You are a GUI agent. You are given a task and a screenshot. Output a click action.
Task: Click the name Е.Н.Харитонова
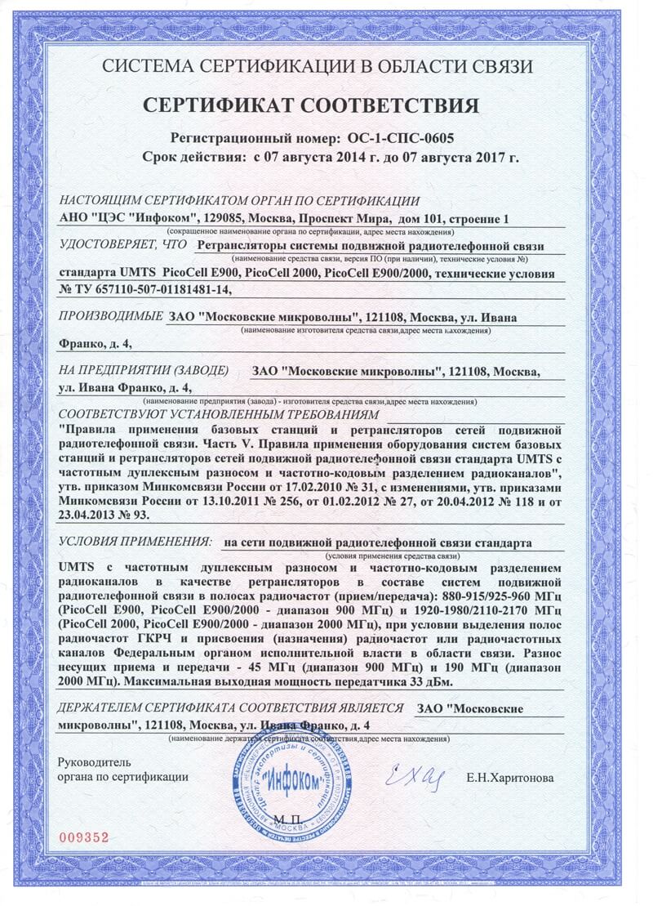[510, 778]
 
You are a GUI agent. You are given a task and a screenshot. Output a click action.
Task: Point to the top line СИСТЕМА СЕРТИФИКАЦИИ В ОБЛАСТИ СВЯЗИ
[322, 67]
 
